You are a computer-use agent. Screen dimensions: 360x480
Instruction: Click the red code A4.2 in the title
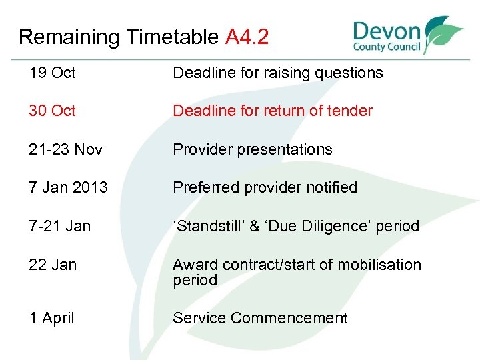click(x=247, y=37)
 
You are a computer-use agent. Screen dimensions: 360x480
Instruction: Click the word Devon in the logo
click(x=387, y=32)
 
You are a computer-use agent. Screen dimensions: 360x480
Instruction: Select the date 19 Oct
click(x=53, y=73)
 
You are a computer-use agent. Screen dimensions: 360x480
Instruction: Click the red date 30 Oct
click(x=53, y=111)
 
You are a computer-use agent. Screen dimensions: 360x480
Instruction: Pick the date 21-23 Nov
click(x=66, y=149)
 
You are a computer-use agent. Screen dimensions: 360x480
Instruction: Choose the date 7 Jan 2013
click(x=68, y=187)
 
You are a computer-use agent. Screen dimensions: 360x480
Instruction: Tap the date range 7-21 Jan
click(x=60, y=226)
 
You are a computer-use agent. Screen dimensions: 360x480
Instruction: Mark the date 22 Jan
click(x=53, y=265)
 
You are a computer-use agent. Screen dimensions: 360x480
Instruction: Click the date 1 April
click(x=52, y=318)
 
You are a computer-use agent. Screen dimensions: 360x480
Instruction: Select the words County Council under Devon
click(x=387, y=47)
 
